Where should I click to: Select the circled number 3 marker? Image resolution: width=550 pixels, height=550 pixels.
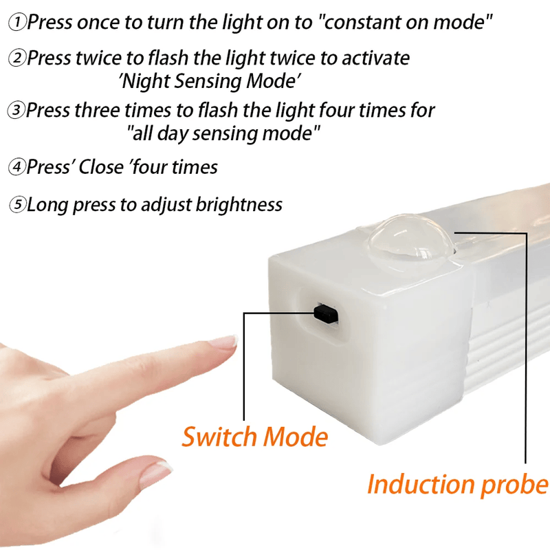(x=16, y=110)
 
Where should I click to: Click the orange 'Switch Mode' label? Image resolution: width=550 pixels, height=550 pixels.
(x=254, y=437)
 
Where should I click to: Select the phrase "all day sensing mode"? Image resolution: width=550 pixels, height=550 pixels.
(x=224, y=133)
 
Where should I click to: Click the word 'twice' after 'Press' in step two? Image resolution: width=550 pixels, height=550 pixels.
(x=96, y=58)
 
